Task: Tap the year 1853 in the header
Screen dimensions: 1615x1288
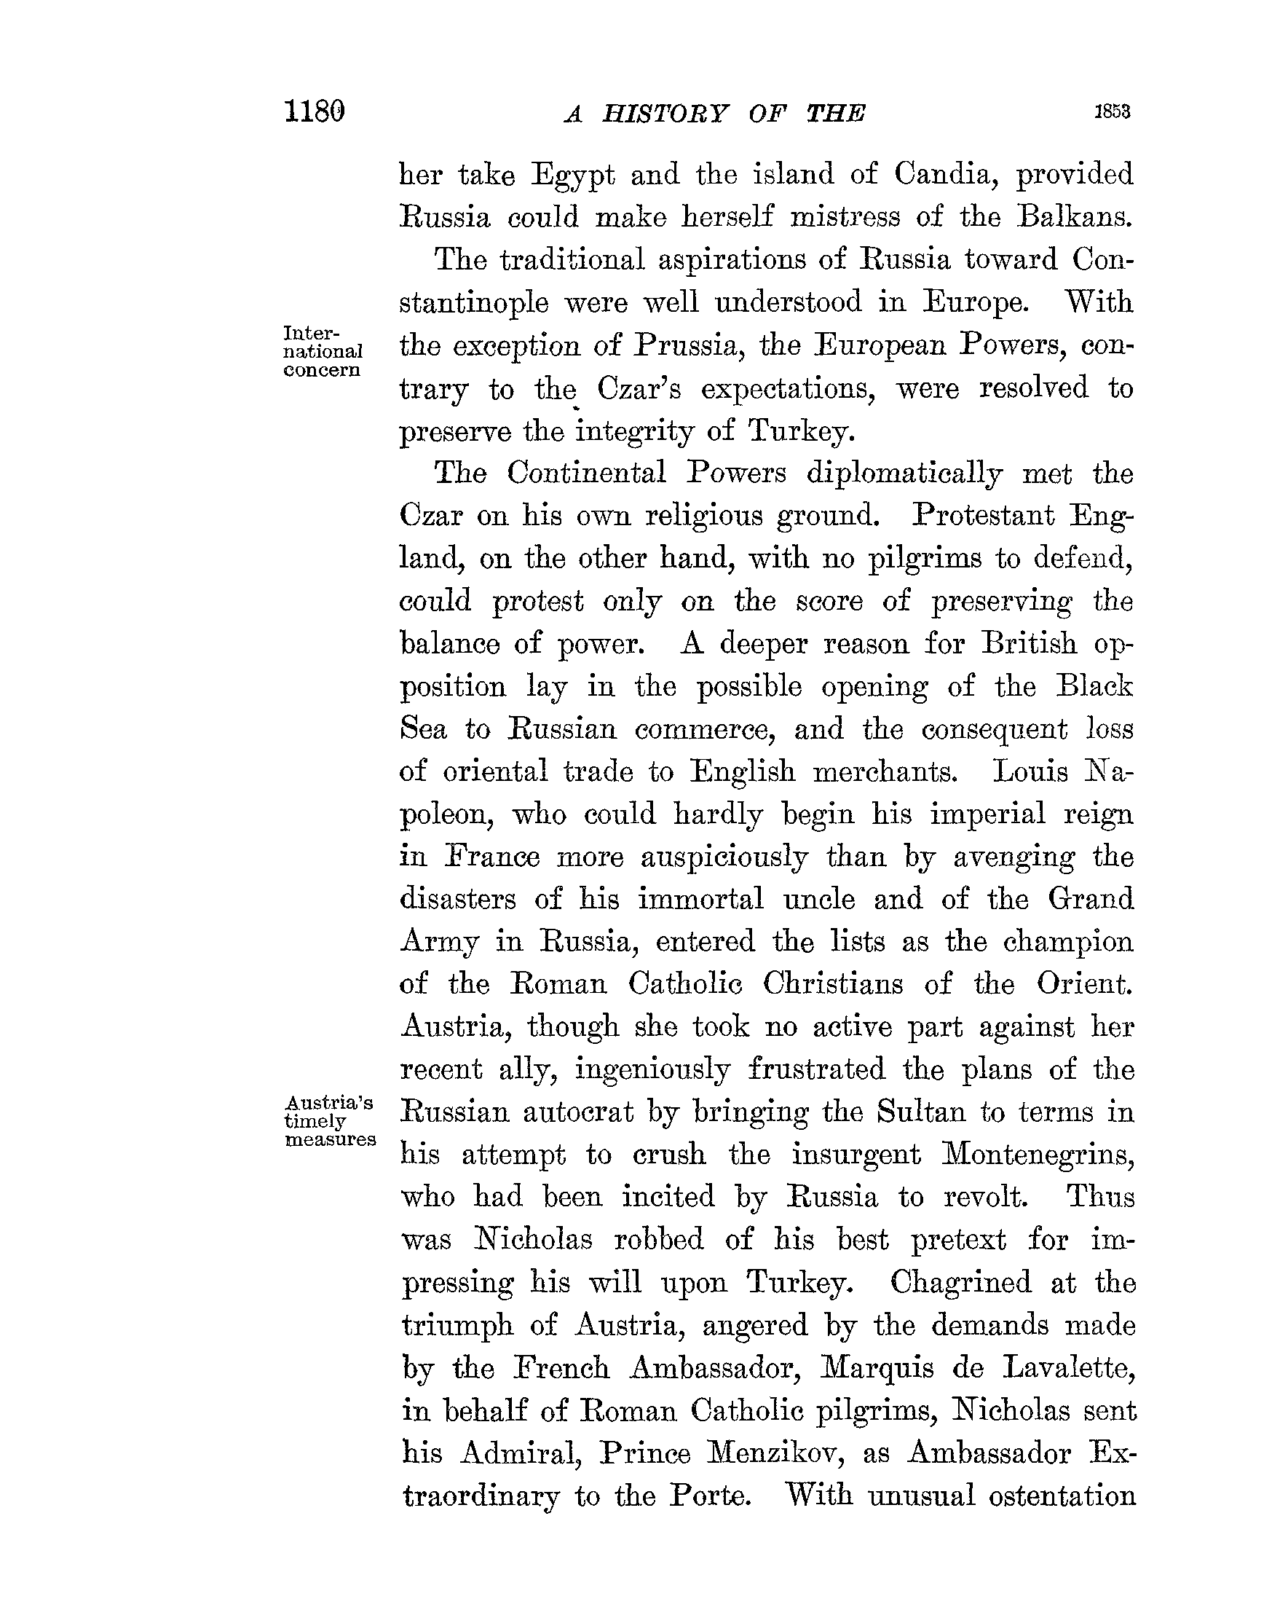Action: (1112, 112)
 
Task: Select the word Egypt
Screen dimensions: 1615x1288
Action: (573, 176)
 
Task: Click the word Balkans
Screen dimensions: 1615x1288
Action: (1075, 217)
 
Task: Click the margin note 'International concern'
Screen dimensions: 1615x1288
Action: (323, 351)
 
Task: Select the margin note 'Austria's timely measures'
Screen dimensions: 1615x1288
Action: (331, 1120)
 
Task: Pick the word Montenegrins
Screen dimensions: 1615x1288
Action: (1038, 1155)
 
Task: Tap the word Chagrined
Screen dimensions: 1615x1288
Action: (961, 1282)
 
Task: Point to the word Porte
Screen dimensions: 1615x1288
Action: (709, 1496)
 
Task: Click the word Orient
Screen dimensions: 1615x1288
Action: (1084, 983)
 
